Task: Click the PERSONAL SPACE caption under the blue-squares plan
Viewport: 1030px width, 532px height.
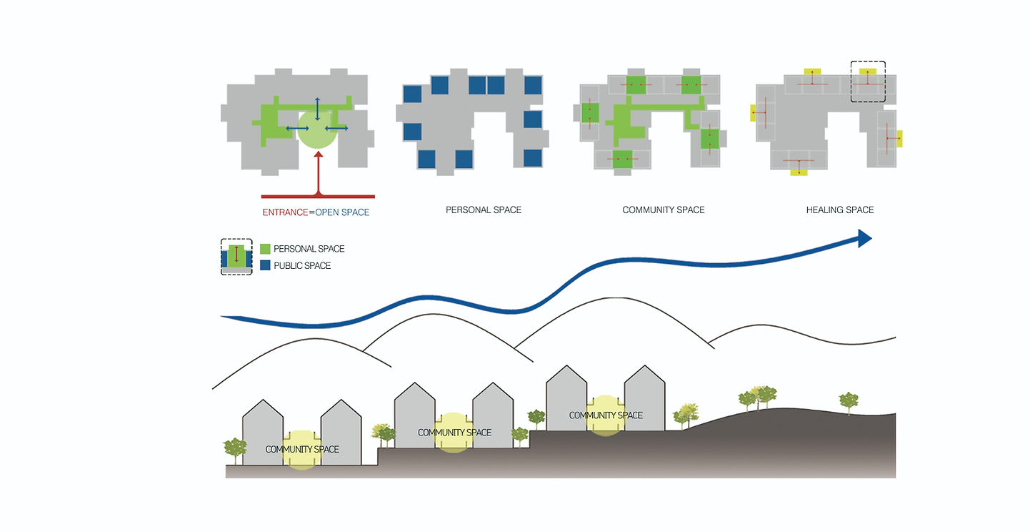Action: pyautogui.click(x=483, y=210)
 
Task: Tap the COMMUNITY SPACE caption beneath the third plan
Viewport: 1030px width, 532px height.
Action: pyautogui.click(x=663, y=210)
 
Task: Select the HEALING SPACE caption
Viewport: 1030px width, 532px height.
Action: pyautogui.click(x=839, y=210)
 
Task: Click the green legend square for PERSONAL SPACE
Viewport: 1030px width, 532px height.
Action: pyautogui.click(x=265, y=249)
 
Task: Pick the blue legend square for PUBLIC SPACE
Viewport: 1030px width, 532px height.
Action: pyautogui.click(x=265, y=265)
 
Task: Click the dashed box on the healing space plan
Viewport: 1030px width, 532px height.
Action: pyautogui.click(x=868, y=81)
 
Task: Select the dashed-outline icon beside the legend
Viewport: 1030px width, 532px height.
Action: pyautogui.click(x=236, y=257)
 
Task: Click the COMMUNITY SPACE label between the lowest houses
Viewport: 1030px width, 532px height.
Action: pyautogui.click(x=302, y=449)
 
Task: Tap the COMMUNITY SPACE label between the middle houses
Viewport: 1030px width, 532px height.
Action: pyautogui.click(x=454, y=433)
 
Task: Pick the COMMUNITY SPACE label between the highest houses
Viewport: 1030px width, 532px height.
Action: pyautogui.click(x=606, y=415)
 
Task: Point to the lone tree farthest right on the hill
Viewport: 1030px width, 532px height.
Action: pyautogui.click(x=848, y=401)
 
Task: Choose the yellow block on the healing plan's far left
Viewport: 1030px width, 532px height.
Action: pyautogui.click(x=753, y=113)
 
